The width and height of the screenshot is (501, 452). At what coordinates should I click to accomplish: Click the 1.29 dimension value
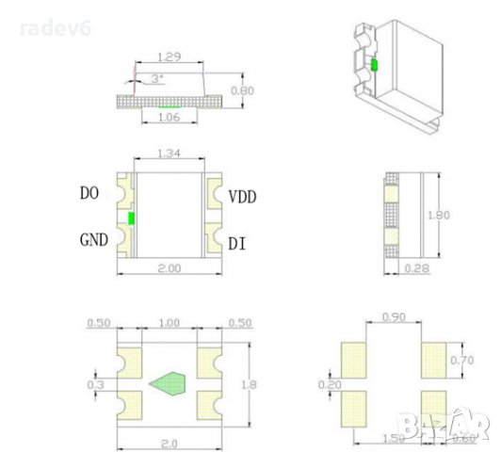click(x=170, y=58)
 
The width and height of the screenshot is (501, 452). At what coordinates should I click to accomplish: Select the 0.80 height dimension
click(x=243, y=91)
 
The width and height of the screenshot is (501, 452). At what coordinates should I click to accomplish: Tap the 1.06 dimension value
click(x=170, y=119)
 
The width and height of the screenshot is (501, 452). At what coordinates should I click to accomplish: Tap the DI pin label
click(x=237, y=243)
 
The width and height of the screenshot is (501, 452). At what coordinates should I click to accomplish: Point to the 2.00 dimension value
click(x=170, y=269)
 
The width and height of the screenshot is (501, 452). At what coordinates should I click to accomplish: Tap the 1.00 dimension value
click(x=170, y=323)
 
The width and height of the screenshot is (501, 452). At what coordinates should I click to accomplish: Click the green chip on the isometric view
click(x=374, y=65)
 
